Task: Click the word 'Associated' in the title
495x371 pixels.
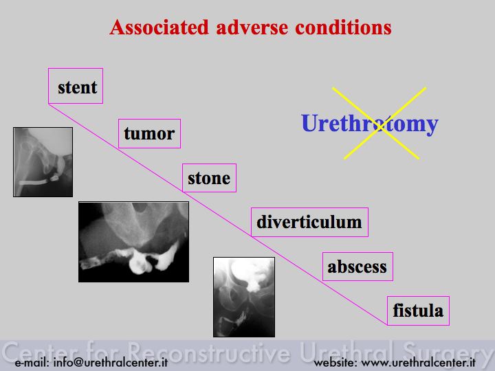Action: click(159, 27)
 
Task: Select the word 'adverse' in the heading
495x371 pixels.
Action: click(252, 27)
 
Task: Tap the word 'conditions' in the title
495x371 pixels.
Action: click(343, 27)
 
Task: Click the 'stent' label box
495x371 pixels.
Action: click(76, 86)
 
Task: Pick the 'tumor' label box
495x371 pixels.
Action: click(149, 133)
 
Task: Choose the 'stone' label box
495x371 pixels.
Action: click(209, 178)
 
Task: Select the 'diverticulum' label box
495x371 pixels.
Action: click(309, 222)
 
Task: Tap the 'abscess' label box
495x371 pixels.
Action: click(357, 267)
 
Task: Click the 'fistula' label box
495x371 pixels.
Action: click(418, 311)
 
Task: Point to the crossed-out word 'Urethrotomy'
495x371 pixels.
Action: click(370, 124)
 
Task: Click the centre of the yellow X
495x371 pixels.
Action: click(379, 125)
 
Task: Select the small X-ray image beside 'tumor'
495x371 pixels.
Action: click(43, 162)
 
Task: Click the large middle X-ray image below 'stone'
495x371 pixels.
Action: click(134, 242)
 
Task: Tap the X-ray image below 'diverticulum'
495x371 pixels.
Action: click(244, 297)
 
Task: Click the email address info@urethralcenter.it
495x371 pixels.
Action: click(111, 363)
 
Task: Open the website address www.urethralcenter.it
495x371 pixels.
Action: click(418, 363)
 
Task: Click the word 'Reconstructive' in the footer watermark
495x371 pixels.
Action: click(209, 352)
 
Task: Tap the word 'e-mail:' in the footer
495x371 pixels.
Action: click(32, 363)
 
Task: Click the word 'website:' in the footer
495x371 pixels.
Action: click(335, 363)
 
